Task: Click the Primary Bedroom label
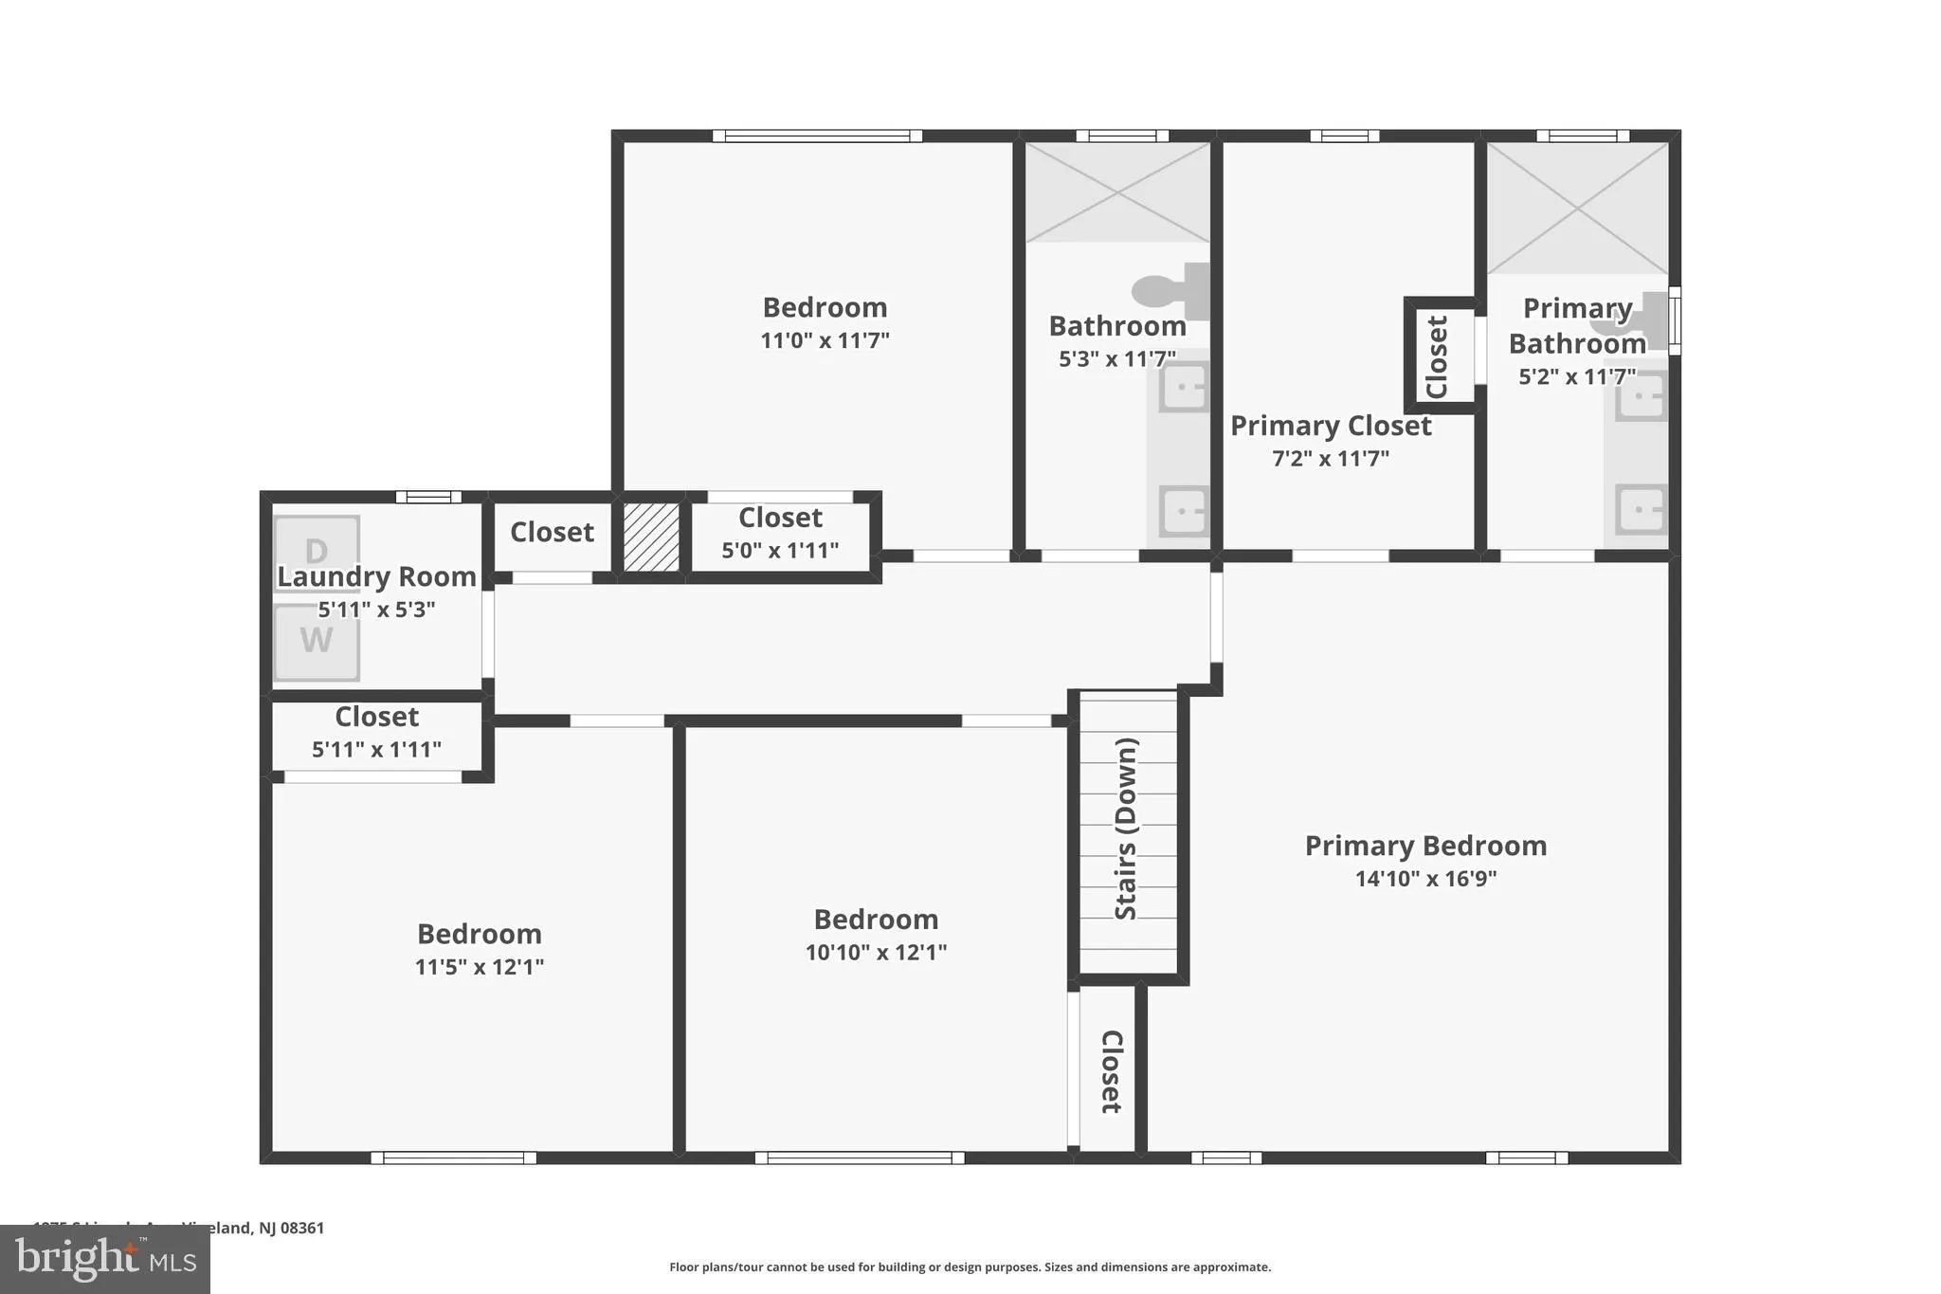point(1424,846)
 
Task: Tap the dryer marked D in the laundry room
point(317,552)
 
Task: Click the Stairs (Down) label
point(1126,829)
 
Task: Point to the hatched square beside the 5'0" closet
point(651,537)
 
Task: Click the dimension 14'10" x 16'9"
point(1424,879)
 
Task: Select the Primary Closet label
point(1330,426)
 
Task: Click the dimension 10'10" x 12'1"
point(876,953)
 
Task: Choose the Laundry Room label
point(376,576)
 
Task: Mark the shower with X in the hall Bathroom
point(1117,192)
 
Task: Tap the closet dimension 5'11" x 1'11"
point(376,750)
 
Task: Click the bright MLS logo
point(104,1259)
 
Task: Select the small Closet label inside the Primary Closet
point(1437,356)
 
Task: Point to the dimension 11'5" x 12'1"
point(479,967)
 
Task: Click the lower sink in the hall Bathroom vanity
point(1184,512)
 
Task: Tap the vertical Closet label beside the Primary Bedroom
point(1111,1071)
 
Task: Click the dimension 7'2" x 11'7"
point(1330,459)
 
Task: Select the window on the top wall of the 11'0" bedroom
point(817,137)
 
